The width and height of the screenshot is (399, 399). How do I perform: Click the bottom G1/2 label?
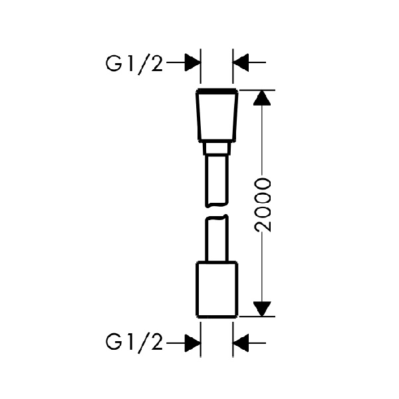pos(134,344)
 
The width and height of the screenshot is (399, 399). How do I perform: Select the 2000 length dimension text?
pos(263,205)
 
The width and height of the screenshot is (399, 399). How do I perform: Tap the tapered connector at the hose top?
pos(217,115)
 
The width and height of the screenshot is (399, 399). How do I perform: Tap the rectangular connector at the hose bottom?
pos(217,289)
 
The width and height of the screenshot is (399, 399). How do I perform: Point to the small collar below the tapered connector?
pos(217,148)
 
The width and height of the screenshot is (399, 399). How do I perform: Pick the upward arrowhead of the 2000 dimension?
pos(262,98)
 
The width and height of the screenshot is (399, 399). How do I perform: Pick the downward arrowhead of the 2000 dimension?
pos(262,309)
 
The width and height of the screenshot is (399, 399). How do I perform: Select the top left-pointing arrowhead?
pos(241,62)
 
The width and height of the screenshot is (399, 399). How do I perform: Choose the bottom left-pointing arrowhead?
pos(241,343)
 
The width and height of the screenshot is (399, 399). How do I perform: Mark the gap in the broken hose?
pos(217,211)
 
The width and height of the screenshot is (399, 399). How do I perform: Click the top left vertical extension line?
pos(201,66)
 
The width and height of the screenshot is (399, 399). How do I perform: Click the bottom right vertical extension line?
pos(233,340)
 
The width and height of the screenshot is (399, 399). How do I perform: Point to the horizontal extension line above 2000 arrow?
pos(257,90)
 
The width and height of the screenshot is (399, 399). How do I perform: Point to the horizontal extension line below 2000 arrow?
pos(257,317)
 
